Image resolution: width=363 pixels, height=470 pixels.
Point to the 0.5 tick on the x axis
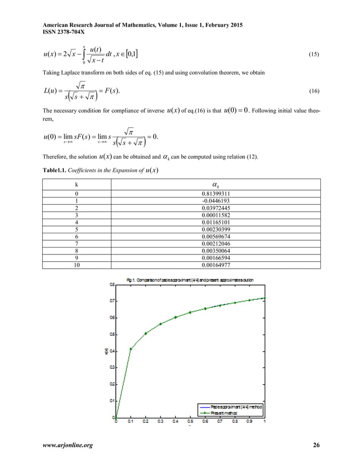coord(190,422)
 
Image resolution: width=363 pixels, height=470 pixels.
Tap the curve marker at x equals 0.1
coord(131,349)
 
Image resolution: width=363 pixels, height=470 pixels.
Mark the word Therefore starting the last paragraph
coord(56,156)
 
